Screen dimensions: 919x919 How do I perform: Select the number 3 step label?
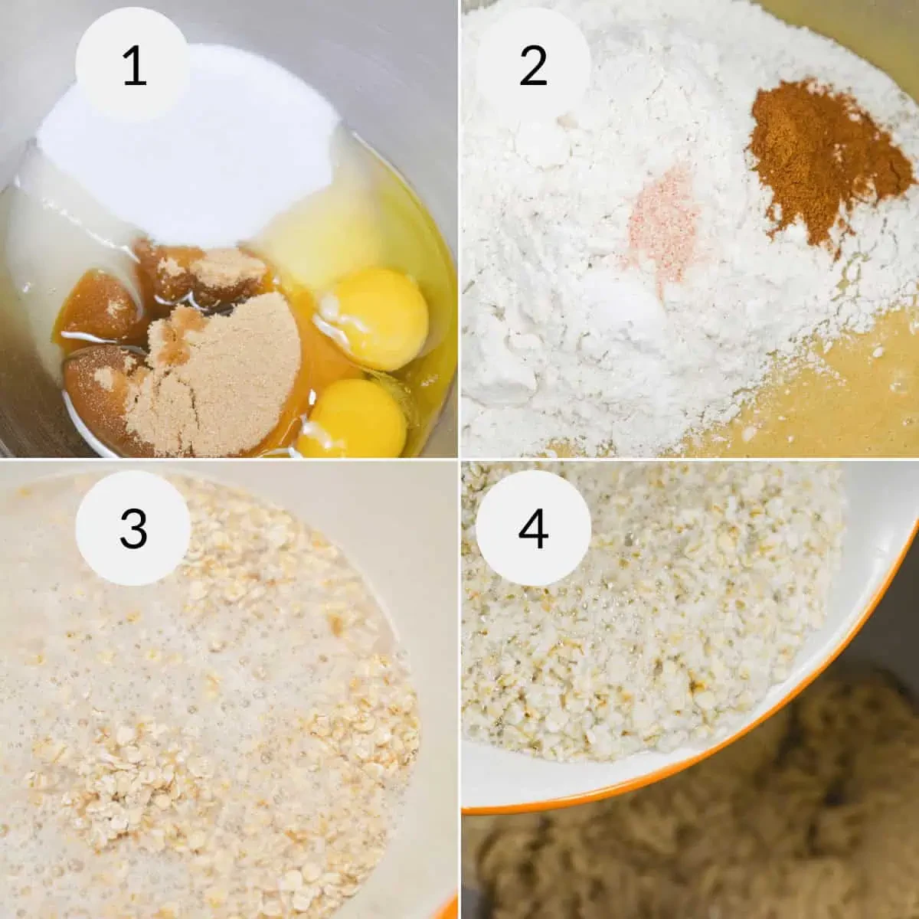click(133, 528)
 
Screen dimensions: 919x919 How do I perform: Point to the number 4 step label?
click(533, 528)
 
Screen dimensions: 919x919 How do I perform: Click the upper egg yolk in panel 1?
click(374, 319)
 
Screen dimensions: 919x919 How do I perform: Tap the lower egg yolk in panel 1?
click(353, 418)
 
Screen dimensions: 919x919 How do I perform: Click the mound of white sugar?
click(191, 152)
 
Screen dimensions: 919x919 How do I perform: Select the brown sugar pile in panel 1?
click(214, 377)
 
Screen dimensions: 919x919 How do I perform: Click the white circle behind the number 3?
click(133, 528)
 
